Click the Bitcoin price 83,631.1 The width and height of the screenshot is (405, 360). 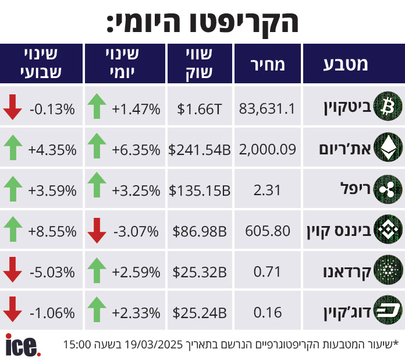[x=268, y=108]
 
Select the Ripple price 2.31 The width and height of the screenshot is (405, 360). [x=268, y=190]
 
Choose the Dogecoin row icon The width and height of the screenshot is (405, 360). [x=386, y=311]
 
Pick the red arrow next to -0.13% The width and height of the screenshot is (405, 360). [x=12, y=108]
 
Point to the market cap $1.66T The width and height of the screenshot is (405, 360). [x=199, y=108]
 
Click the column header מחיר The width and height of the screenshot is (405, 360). [x=268, y=64]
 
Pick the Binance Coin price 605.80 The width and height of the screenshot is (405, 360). [x=268, y=231]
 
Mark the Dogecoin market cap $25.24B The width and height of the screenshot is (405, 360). [x=199, y=313]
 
